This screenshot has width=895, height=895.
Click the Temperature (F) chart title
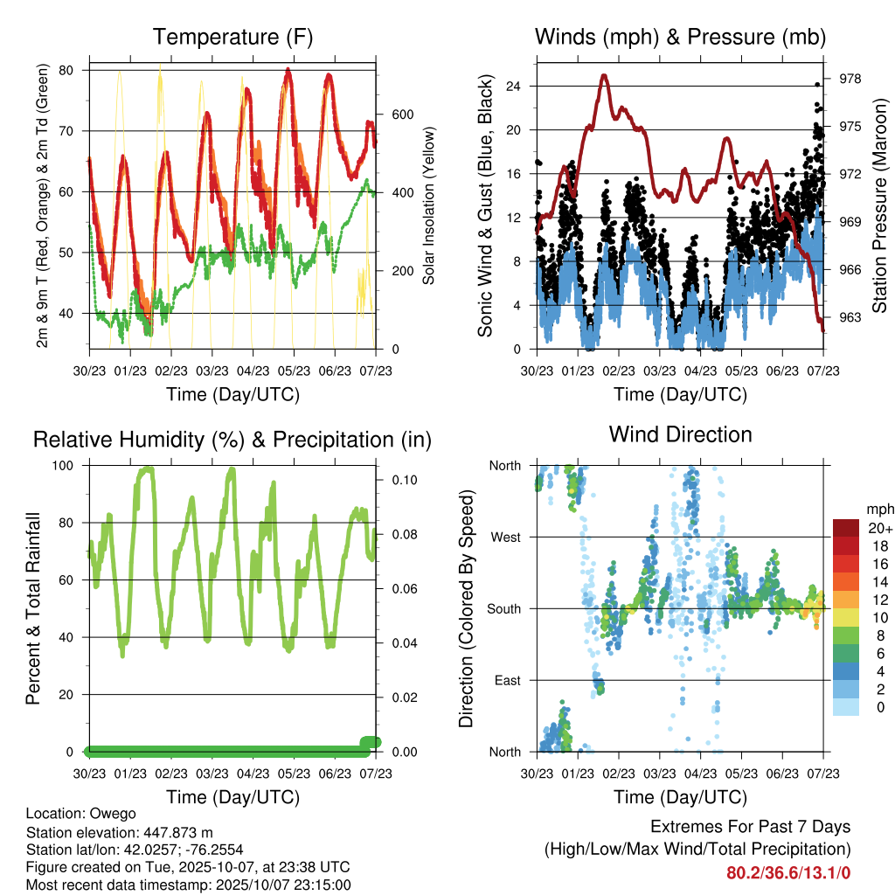coord(232,37)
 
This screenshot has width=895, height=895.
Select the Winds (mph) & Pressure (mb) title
coord(680,37)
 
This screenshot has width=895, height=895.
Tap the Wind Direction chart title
coord(680,434)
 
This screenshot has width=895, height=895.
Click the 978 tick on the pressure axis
coord(850,79)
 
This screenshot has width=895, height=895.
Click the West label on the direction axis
coord(504,537)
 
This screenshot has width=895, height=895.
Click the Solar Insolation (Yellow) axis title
coord(429,206)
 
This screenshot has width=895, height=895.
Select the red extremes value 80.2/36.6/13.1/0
coord(788,872)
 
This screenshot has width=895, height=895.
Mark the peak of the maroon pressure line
coord(604,76)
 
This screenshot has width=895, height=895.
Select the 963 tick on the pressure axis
coord(850,317)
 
